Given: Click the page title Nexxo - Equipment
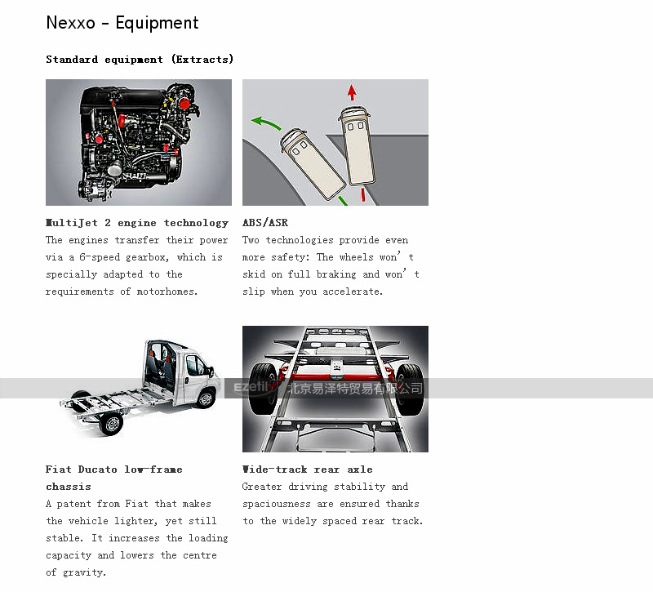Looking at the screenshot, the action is tap(122, 23).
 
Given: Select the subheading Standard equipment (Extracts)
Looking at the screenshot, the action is tap(140, 59).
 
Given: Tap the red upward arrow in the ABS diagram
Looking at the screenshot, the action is tap(352, 92).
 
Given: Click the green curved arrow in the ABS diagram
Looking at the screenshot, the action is tap(266, 122).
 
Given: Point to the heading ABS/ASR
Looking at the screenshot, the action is tap(264, 222).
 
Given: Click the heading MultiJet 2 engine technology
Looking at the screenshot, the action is tap(137, 223).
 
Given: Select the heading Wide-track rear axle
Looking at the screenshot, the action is tap(308, 469).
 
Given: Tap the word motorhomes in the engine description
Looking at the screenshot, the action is tap(167, 292).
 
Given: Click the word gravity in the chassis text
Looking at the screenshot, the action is tap(84, 572).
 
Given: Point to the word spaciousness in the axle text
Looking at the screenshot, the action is tap(277, 504).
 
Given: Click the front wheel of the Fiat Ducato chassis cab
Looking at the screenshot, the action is tap(206, 399).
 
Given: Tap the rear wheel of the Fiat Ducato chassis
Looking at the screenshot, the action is tap(111, 424).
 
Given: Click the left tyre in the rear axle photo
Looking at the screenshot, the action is tap(262, 389).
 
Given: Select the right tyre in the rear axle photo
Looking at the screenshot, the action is tap(410, 389).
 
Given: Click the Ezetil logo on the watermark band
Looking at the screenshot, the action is tap(251, 387).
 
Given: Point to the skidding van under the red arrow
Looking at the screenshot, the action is tap(357, 146).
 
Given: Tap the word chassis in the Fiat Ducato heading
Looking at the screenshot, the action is tap(69, 487).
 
